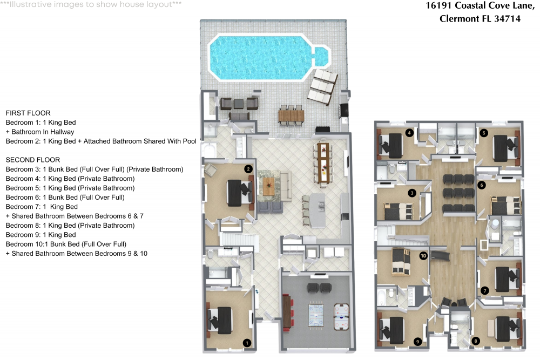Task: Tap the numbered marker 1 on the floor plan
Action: click(x=247, y=342)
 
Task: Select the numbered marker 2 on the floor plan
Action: click(x=248, y=169)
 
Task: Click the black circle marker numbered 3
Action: click(x=411, y=193)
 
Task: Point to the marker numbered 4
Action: click(x=409, y=133)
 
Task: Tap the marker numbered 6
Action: click(x=482, y=185)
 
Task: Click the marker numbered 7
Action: click(x=484, y=290)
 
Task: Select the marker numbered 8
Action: click(x=476, y=341)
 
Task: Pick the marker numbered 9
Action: click(x=417, y=341)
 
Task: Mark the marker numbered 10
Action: click(x=423, y=256)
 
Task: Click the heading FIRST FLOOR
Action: click(x=28, y=113)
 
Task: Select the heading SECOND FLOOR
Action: click(x=32, y=160)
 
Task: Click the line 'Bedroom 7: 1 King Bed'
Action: click(x=42, y=207)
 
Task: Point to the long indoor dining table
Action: click(x=323, y=161)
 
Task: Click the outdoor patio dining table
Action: click(x=292, y=115)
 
